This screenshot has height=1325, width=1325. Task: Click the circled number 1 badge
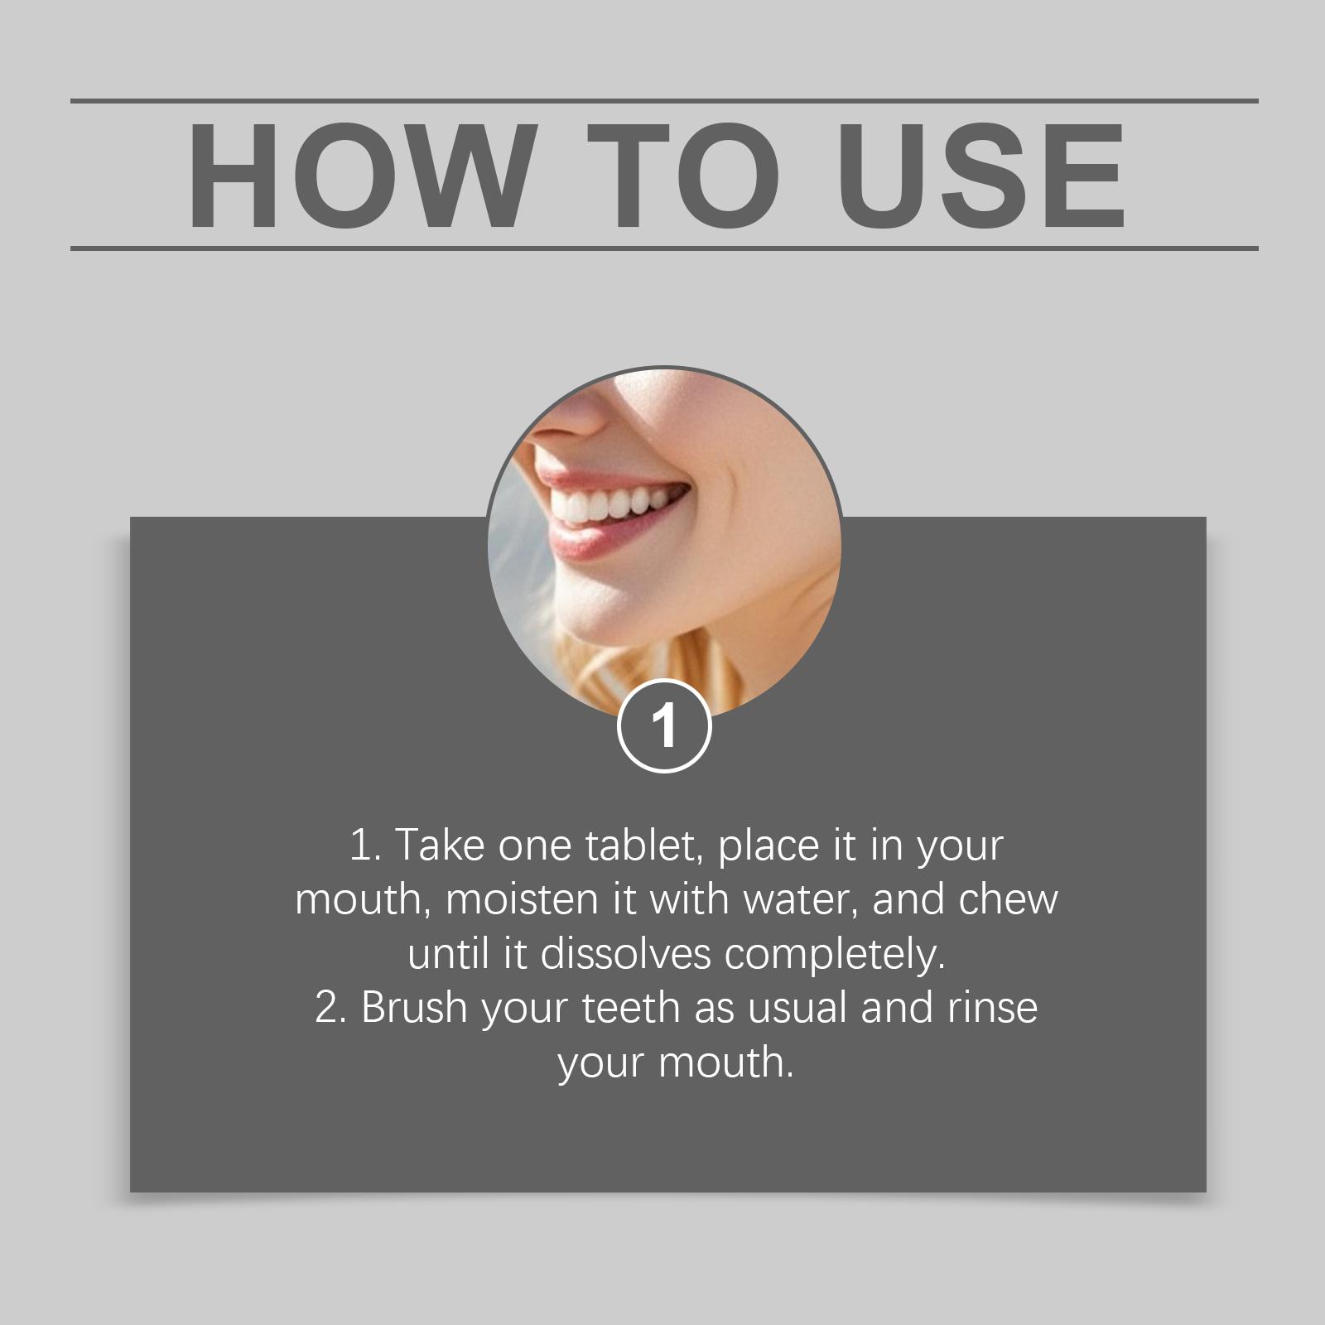click(x=664, y=725)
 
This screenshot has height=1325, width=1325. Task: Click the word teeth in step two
click(x=632, y=1008)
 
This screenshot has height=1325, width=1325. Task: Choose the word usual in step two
click(x=798, y=1008)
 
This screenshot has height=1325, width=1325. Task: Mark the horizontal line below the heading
click(x=664, y=248)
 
